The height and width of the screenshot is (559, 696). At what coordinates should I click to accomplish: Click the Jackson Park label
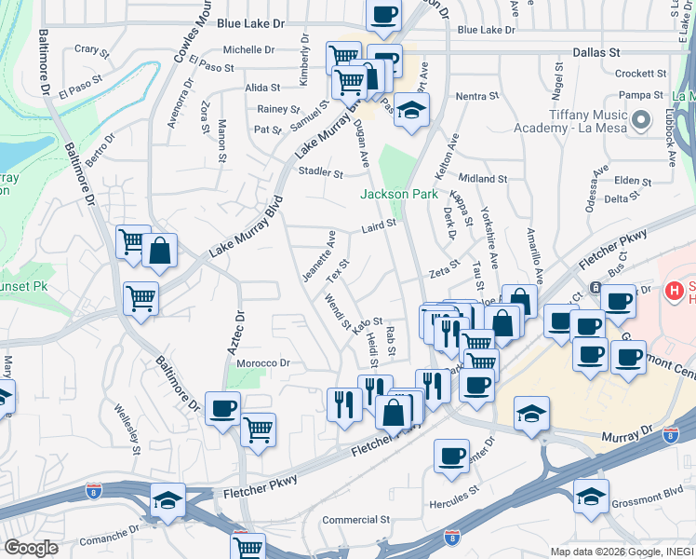[398, 194]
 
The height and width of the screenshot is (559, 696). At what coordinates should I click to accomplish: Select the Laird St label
[379, 225]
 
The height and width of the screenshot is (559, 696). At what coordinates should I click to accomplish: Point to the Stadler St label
[320, 171]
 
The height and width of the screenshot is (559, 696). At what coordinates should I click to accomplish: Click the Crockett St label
[637, 74]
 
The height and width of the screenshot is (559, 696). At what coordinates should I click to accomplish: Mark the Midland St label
[482, 178]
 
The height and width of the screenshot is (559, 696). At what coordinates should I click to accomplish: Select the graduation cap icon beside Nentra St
[410, 111]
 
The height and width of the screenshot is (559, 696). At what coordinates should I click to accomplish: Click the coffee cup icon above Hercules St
[451, 456]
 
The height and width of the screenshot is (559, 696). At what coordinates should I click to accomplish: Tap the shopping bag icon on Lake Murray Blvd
[160, 251]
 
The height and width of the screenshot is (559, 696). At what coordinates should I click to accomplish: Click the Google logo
[31, 548]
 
